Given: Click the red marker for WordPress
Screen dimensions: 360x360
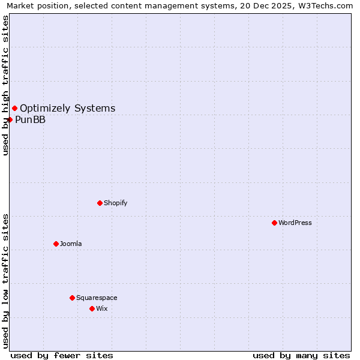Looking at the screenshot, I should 274,223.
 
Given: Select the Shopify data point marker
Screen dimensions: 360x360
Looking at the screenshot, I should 100,203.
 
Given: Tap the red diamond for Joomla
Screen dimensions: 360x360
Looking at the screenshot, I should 56,244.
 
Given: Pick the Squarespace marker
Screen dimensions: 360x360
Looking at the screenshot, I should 72,298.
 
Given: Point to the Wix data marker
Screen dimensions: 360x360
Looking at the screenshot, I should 92,308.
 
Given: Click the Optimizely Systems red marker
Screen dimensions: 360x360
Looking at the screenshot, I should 14,108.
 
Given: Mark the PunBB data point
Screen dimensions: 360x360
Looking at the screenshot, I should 10,119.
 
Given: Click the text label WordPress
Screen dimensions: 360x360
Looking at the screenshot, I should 295,223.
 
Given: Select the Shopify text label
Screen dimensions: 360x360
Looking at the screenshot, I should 116,203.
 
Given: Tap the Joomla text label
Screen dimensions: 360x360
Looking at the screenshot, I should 71,244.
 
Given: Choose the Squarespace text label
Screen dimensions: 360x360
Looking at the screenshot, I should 97,298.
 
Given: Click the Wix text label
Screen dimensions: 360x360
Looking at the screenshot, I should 102,308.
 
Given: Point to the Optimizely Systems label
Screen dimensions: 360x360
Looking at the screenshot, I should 68,108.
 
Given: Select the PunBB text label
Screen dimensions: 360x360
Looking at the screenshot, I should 30,119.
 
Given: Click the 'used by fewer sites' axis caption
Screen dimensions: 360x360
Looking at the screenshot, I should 62,355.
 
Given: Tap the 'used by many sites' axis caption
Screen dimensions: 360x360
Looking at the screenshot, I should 301,355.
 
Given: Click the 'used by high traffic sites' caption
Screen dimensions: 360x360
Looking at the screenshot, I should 5,85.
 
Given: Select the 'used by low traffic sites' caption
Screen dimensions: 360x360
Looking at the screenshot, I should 5,280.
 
